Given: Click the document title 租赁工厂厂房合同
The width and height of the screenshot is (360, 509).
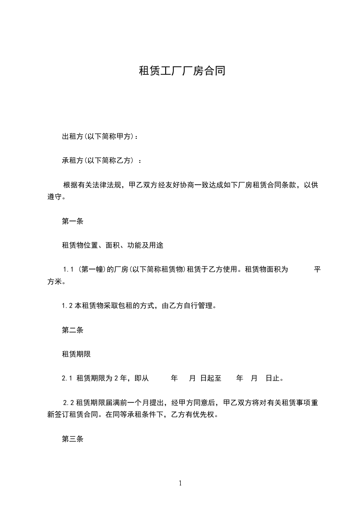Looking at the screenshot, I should pyautogui.click(x=182, y=71).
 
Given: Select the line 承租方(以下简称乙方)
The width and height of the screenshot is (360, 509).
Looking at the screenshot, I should pyautogui.click(x=101, y=161).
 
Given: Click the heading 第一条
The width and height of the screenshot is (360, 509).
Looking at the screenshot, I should pyautogui.click(x=73, y=221).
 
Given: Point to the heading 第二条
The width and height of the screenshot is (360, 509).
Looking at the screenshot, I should pyautogui.click(x=73, y=330).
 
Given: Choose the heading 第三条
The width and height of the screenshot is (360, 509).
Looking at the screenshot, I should pyautogui.click(x=73, y=439).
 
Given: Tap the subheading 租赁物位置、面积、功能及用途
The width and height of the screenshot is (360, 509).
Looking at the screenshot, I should pyautogui.click(x=113, y=245).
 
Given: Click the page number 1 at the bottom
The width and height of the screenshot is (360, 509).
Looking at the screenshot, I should pyautogui.click(x=180, y=483).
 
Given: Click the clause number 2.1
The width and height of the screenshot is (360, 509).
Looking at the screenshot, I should pyautogui.click(x=67, y=378).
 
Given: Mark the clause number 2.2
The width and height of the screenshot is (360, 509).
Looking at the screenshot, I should pyautogui.click(x=69, y=403).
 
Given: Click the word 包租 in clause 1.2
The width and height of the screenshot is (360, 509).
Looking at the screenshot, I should pyautogui.click(x=115, y=306).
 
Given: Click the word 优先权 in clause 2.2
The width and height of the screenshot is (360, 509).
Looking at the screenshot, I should pyautogui.click(x=202, y=415).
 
